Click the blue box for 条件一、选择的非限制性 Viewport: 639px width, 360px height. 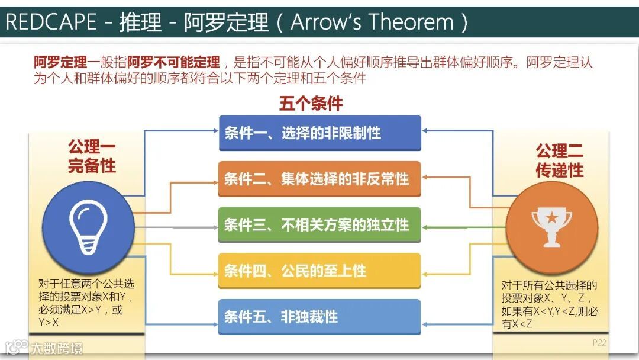pos(319,133)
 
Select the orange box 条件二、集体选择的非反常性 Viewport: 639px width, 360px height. pos(319,178)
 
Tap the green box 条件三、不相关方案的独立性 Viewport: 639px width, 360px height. pos(319,224)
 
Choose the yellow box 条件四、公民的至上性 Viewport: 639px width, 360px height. pos(319,271)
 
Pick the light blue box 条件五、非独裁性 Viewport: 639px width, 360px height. pos(319,316)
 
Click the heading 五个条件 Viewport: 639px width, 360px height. pos(311,104)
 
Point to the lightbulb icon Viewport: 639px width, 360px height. pos(89,227)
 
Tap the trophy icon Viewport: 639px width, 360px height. pos(551,227)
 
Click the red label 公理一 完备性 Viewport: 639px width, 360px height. pos(92,156)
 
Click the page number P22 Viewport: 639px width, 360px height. pos(599,342)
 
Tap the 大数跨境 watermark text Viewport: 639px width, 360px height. pos(57,348)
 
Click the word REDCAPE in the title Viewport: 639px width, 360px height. pos(51,22)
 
